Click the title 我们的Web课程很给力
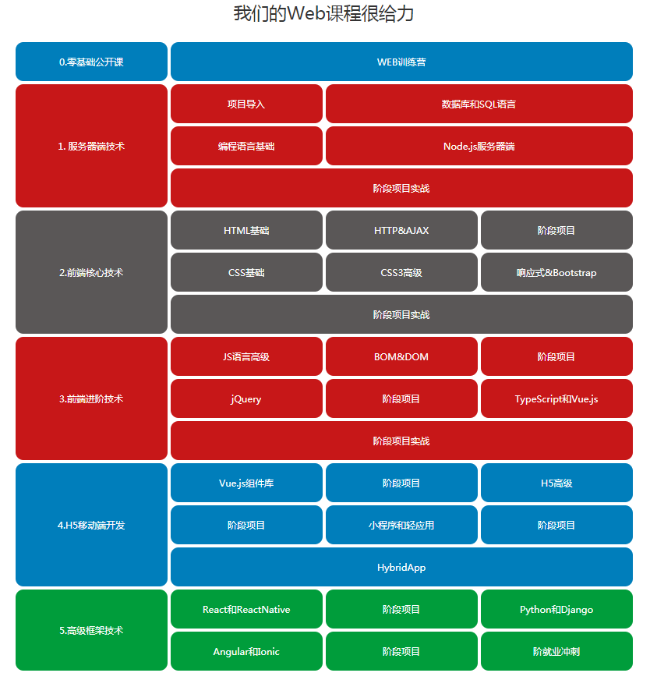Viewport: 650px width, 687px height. coord(323,13)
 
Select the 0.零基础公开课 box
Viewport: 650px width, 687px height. coord(91,62)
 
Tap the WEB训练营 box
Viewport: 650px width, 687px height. coord(401,62)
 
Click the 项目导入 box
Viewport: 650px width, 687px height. coord(246,104)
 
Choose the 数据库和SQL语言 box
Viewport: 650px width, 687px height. coord(479,104)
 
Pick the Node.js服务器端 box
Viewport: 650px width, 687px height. coord(479,146)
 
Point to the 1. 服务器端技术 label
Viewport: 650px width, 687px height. coord(91,146)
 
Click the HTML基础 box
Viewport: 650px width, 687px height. coord(246,230)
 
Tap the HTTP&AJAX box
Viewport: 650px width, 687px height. coord(401,230)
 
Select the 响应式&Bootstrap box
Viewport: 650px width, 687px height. coord(556,272)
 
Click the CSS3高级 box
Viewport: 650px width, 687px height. coord(401,272)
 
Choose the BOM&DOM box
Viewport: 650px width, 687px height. coord(401,356)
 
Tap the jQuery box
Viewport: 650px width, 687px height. coord(246,398)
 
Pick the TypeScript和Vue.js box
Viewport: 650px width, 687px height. coord(556,398)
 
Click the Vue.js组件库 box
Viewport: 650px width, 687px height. coord(246,483)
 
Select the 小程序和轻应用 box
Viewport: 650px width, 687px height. coord(401,525)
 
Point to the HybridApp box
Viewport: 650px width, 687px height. coord(401,566)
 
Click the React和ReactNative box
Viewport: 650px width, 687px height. coord(246,608)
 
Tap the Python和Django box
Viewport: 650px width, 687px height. coord(556,608)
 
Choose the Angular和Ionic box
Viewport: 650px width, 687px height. coord(246,650)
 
